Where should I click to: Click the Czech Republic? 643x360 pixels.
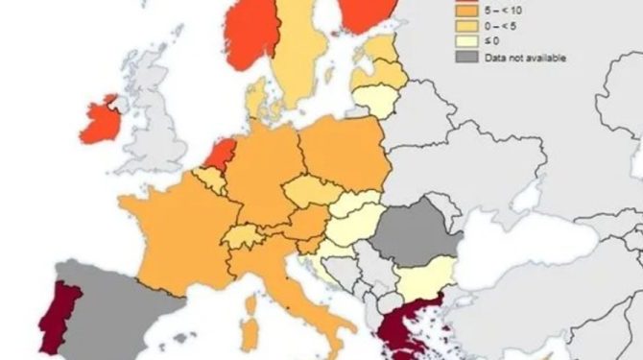point(310,189)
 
